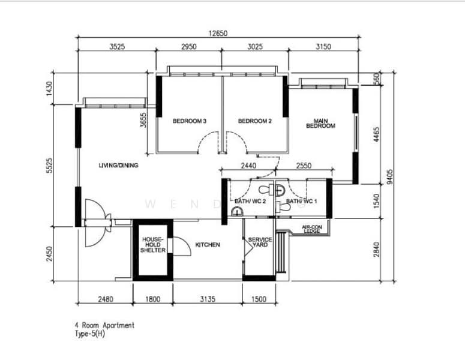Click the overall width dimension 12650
(x=218, y=33)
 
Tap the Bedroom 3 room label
(x=190, y=121)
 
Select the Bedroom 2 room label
(x=255, y=121)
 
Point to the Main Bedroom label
(x=320, y=124)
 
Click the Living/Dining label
(x=118, y=166)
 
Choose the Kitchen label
(x=208, y=245)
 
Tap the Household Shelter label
(x=153, y=245)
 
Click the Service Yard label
(x=260, y=242)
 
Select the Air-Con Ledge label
(x=311, y=229)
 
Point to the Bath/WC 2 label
(x=250, y=202)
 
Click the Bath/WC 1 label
(x=301, y=202)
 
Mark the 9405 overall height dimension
(x=389, y=177)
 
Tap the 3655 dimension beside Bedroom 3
(x=143, y=120)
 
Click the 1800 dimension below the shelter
(x=153, y=299)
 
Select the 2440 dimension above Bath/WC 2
(x=248, y=166)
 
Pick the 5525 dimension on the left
(x=49, y=166)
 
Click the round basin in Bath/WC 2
(x=237, y=211)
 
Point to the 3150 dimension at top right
(x=323, y=47)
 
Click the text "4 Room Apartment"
(x=104, y=325)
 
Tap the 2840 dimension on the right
(x=376, y=250)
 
